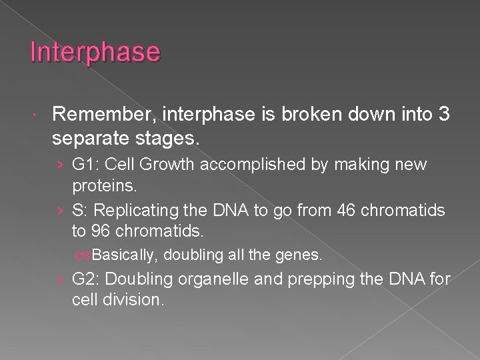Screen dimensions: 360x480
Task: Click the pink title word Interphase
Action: tap(95, 52)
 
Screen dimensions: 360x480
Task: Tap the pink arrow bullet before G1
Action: tap(61, 163)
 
